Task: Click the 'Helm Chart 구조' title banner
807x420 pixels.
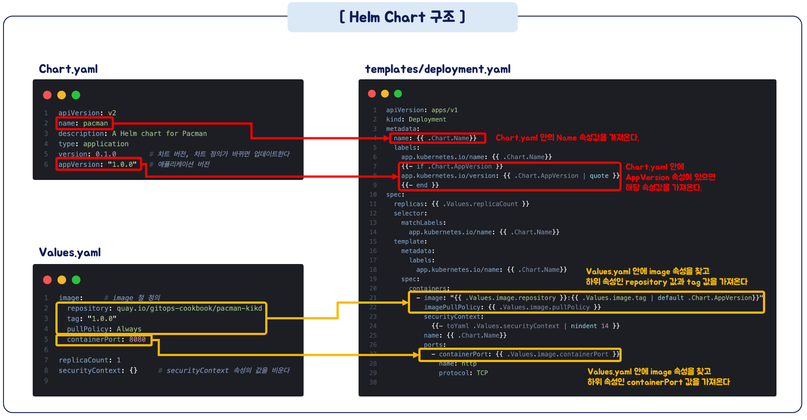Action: [x=402, y=17]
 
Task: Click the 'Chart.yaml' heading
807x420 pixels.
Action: [x=68, y=69]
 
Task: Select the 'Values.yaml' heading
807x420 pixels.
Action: [x=70, y=253]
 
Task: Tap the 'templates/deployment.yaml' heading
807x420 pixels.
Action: [x=438, y=69]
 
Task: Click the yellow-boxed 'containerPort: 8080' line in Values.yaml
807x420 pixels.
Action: [x=105, y=339]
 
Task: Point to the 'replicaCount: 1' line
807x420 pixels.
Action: [x=89, y=360]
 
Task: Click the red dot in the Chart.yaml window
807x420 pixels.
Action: [x=48, y=95]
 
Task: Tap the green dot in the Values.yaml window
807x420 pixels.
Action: [x=76, y=280]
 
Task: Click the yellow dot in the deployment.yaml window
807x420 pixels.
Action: [x=385, y=94]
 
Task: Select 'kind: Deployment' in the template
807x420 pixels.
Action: [x=416, y=119]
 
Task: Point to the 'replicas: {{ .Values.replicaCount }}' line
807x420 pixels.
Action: [x=461, y=204]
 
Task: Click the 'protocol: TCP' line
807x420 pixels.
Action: [x=463, y=373]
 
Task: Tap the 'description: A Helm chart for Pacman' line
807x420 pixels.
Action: [x=133, y=134]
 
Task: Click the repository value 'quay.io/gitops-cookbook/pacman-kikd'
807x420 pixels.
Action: [x=189, y=308]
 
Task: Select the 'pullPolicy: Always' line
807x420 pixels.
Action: [x=104, y=329]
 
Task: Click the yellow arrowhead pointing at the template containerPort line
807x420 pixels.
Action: [x=416, y=355]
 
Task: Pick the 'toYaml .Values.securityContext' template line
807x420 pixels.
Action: [x=525, y=326]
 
